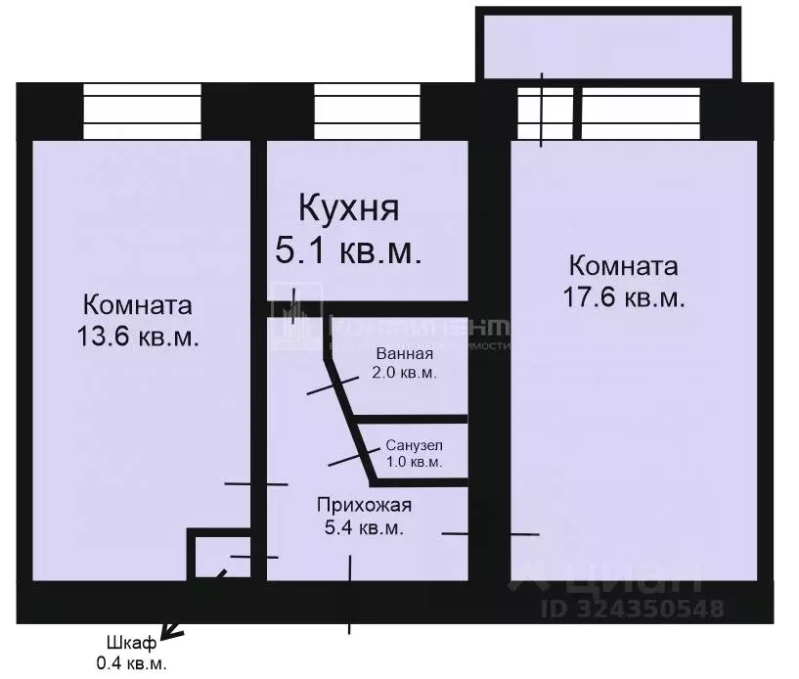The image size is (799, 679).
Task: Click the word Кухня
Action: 348,209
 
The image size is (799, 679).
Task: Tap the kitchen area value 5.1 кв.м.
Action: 348,251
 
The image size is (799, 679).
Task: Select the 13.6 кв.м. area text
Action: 138,338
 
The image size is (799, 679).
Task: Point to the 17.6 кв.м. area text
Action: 623,297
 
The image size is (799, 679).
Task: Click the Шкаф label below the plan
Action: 130,643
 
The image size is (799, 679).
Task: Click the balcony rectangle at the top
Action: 606,45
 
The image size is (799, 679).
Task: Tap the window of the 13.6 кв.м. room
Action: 142,113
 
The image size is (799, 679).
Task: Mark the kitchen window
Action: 368,113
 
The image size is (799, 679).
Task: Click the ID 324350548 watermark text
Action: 633,609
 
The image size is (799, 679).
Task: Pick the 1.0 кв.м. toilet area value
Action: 413,461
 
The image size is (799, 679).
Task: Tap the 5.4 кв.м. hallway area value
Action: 364,528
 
